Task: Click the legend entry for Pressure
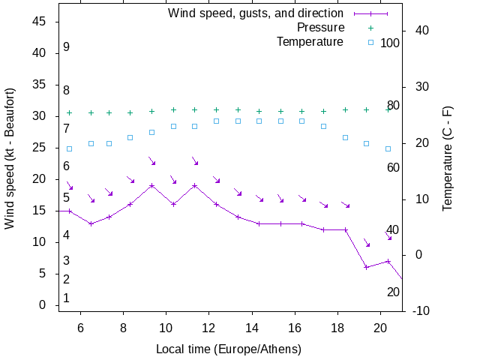point(310,28)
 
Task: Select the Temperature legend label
point(310,41)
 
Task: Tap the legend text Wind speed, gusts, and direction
point(255,13)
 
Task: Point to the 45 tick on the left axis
point(39,22)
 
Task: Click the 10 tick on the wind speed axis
point(39,242)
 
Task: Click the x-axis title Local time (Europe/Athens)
point(229,349)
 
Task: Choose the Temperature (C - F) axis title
point(448,157)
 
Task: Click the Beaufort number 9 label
point(67,47)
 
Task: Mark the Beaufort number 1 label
point(67,298)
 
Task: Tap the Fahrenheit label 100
point(390,43)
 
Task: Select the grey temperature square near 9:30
point(151,132)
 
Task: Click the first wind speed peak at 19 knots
point(151,185)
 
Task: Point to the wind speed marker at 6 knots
point(366,267)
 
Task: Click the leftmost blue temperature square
point(70,148)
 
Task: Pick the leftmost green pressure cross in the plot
point(70,112)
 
